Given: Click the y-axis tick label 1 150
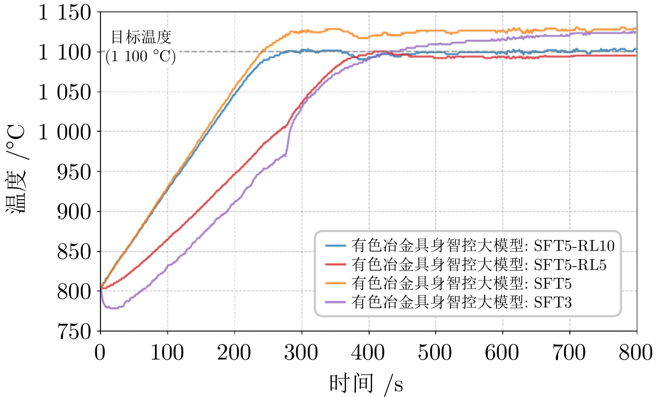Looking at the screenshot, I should (x=65, y=13).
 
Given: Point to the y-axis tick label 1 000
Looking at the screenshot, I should (x=65, y=132).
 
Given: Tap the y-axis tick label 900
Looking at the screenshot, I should (x=74, y=212).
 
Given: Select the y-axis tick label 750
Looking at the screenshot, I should (x=74, y=331).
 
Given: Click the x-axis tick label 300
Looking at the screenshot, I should (x=301, y=353).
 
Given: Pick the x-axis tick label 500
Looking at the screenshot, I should (x=435, y=353).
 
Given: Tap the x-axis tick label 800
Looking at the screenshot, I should (x=635, y=353).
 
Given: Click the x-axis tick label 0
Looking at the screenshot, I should (x=100, y=353).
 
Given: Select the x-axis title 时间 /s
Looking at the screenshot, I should (x=366, y=383).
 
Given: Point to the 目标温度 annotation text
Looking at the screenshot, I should (x=141, y=37).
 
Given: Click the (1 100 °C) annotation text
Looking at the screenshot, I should (x=140, y=56).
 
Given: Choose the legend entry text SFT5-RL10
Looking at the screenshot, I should (x=574, y=246).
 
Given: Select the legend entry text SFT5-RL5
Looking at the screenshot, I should (x=570, y=265).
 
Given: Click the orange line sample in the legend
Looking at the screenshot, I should (x=335, y=283).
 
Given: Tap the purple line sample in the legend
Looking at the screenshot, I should (x=335, y=302).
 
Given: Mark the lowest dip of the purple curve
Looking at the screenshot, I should (x=113, y=308).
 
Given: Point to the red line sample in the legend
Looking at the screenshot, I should (x=335, y=264).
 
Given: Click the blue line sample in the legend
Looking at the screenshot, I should (x=335, y=246).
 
